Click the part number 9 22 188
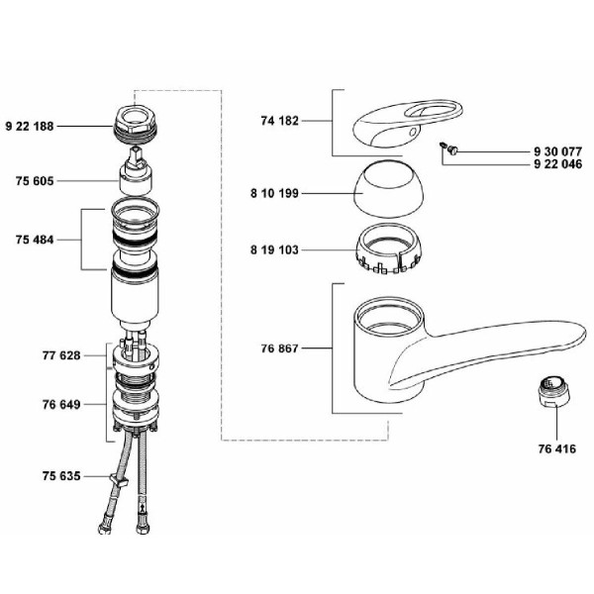pyautogui.click(x=30, y=126)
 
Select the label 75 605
pyautogui.click(x=35, y=181)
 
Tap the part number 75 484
pyautogui.click(x=35, y=240)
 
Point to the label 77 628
pyautogui.click(x=61, y=355)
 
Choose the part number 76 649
pyautogui.click(x=61, y=405)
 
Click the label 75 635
pyautogui.click(x=61, y=476)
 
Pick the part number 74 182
pyautogui.click(x=280, y=121)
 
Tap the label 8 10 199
pyautogui.click(x=274, y=193)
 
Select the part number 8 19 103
pyautogui.click(x=274, y=250)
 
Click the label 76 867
pyautogui.click(x=280, y=348)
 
